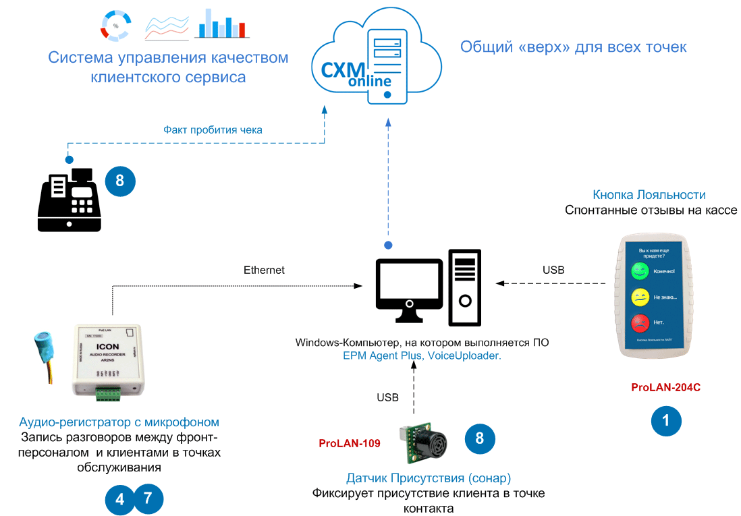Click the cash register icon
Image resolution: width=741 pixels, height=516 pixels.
69,200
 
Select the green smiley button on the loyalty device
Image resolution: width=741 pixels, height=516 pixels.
639,272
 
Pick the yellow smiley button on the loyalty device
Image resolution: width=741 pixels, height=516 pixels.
639,297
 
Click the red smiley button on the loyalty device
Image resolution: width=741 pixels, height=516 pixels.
639,322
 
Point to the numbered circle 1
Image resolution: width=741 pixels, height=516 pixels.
666,421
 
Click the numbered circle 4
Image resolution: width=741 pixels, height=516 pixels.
120,500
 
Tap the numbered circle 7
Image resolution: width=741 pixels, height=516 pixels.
148,499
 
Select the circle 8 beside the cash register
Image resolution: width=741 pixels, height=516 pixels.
120,181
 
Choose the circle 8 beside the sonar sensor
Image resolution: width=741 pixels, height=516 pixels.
480,438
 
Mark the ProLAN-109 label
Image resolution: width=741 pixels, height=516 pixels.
349,443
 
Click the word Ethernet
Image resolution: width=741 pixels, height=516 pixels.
264,270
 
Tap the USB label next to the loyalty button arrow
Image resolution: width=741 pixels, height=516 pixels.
553,270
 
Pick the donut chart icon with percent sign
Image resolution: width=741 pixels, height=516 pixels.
116,25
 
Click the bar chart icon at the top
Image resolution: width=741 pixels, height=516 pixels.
222,24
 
